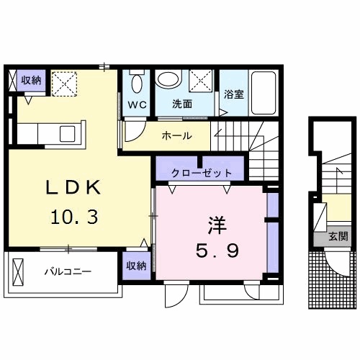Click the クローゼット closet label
tap(202, 173)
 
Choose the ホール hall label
tap(176, 135)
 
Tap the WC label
tap(138, 104)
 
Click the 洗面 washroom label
tap(181, 104)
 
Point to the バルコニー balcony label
tap(66, 272)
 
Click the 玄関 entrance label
tap(338, 235)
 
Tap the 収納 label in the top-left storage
tap(30, 80)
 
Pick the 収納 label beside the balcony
tap(137, 265)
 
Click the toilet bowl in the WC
tap(136, 81)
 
